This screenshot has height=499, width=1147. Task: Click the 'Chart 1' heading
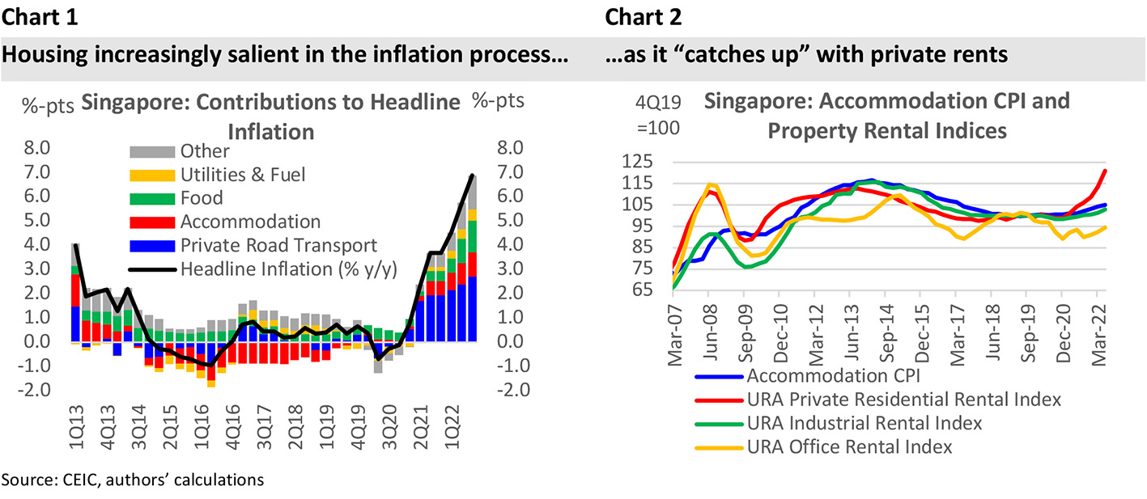point(40,16)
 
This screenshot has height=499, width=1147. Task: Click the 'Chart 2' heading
point(644,16)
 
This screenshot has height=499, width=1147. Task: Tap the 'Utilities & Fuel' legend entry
point(243,174)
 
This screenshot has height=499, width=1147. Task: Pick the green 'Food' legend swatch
point(152,198)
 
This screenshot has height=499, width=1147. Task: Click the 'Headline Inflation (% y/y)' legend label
point(289,269)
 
